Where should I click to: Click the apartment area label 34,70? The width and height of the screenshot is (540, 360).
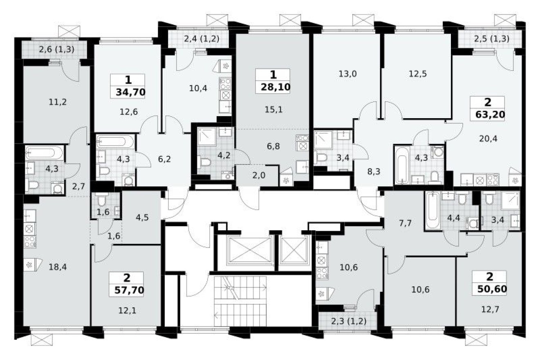[x=128, y=92]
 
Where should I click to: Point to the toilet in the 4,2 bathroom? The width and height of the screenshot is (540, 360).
[x=204, y=163]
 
